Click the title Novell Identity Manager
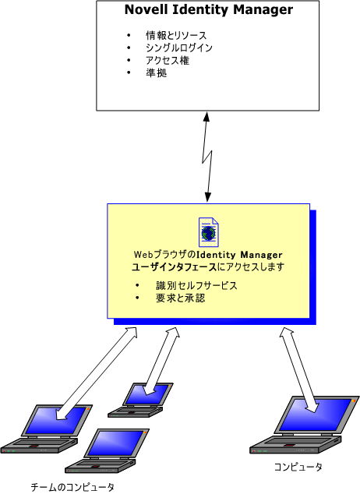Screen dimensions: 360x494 coord(209,10)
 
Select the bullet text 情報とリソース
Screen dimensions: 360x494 coord(176,35)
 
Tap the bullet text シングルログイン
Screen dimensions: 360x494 coord(179,48)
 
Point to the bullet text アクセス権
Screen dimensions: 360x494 coord(168,61)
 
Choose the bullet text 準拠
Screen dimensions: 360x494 coord(156,73)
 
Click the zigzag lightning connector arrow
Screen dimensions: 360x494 coord(207,157)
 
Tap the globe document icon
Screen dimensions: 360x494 coord(209,232)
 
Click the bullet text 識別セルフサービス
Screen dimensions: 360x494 coord(196,286)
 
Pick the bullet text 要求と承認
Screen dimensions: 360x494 coord(181,298)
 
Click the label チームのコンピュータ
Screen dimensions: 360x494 coord(72,487)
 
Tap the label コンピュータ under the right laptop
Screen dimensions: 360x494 coord(298,467)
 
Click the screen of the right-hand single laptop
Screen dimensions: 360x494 coord(315,415)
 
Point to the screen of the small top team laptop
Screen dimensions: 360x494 coord(146,394)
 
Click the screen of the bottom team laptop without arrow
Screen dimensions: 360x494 coord(116,443)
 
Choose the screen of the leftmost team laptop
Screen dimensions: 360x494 coord(56,421)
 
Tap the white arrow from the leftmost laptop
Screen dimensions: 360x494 coord(97,373)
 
